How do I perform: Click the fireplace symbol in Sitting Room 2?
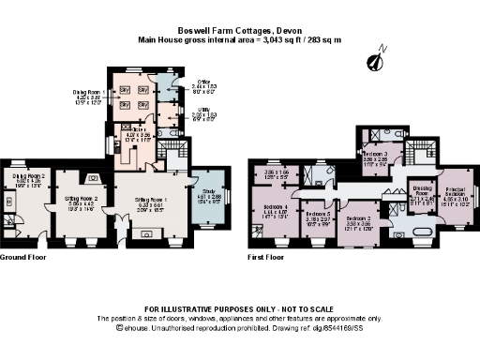pos(92,177)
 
